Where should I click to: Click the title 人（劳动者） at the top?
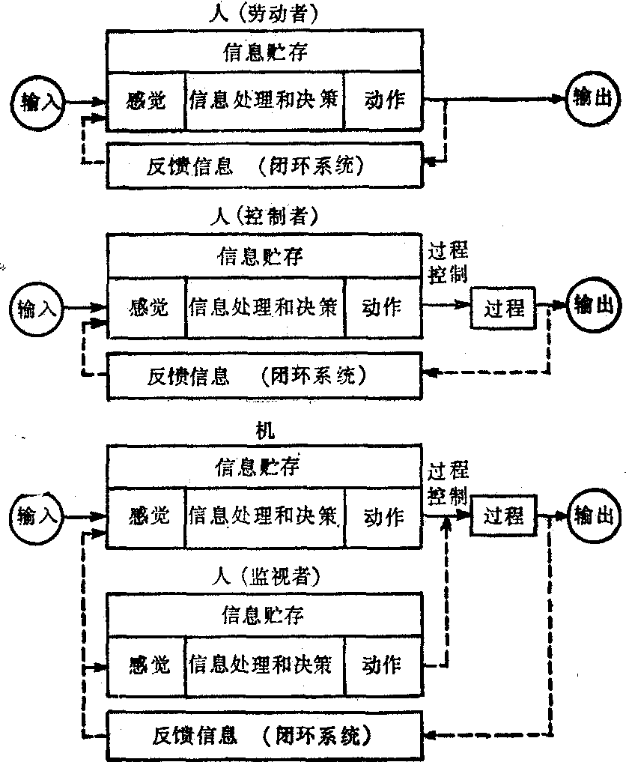point(262,13)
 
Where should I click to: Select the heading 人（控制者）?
point(263,217)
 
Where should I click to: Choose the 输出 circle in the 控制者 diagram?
point(592,304)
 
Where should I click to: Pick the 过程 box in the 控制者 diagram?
point(504,308)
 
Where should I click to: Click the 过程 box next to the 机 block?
point(504,515)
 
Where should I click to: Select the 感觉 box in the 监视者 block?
point(148,664)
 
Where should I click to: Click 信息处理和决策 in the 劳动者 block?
point(264,100)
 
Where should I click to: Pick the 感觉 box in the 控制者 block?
point(148,306)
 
